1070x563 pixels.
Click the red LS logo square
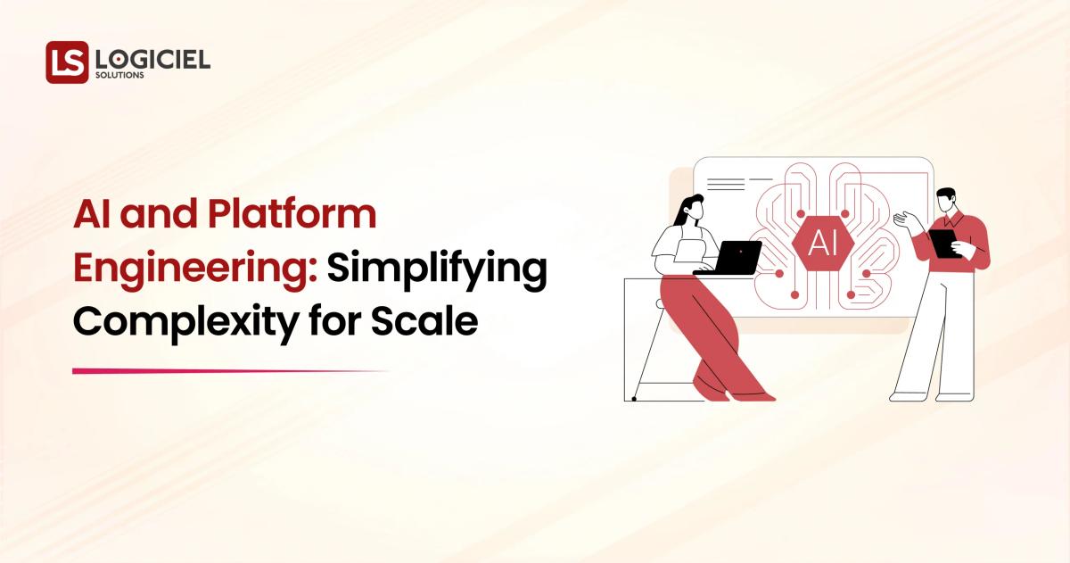coord(67,62)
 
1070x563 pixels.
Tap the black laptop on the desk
coord(730,258)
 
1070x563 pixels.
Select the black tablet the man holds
coord(942,242)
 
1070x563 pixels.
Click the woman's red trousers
coord(704,330)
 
